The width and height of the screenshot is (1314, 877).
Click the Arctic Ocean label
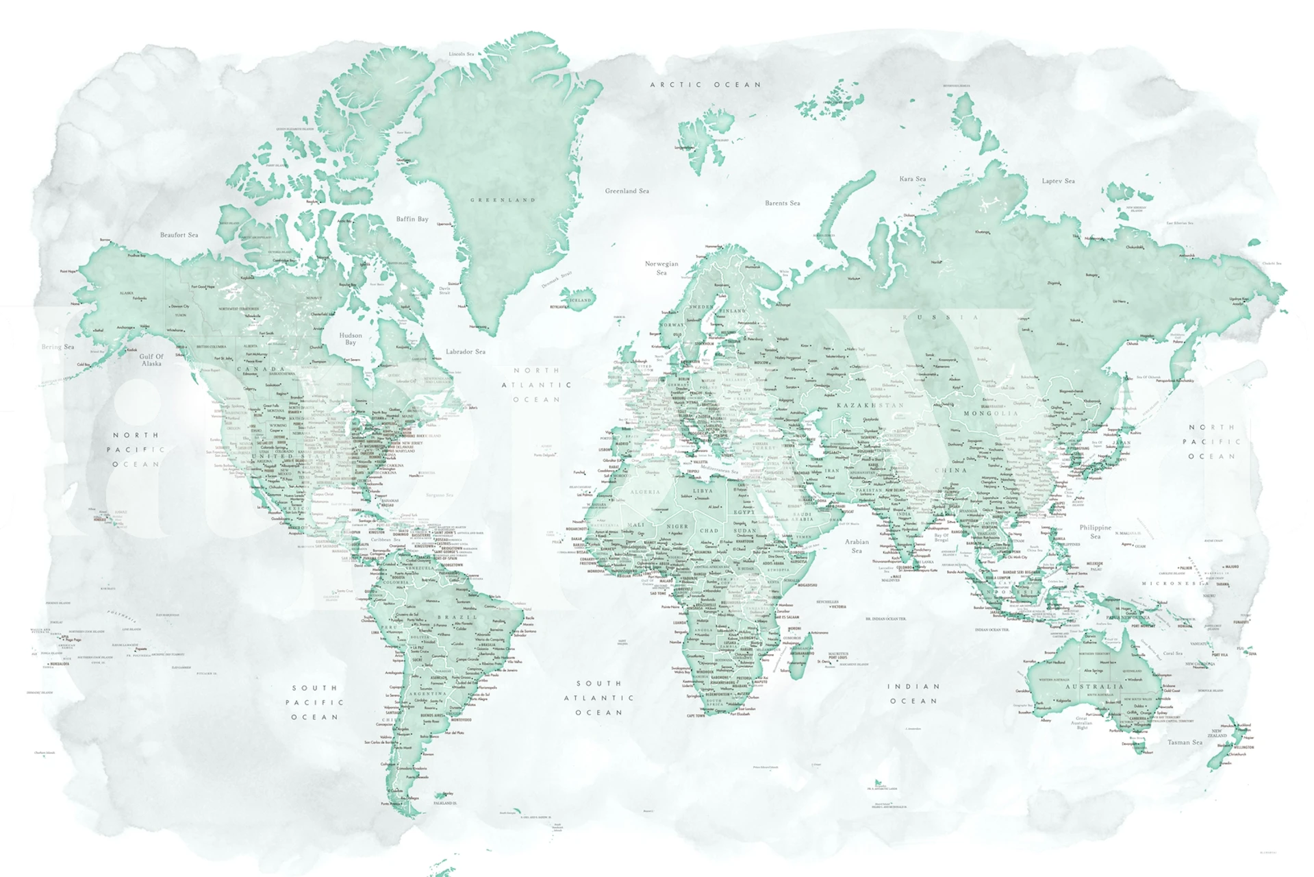tap(705, 85)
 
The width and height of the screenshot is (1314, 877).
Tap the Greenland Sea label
tap(627, 191)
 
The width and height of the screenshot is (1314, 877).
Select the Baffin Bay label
tap(412, 219)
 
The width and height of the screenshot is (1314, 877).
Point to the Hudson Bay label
tap(351, 338)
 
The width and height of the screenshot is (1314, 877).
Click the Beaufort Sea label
tap(179, 235)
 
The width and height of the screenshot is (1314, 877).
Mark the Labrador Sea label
tap(466, 351)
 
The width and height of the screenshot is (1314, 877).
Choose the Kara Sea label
tap(912, 179)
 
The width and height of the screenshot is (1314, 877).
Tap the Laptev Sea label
tap(1058, 181)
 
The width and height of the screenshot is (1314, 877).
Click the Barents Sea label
tap(782, 203)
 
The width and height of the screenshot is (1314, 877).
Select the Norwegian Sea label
tap(661, 268)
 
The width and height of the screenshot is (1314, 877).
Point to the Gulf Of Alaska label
tap(151, 360)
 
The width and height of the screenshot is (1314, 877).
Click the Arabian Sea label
tap(857, 545)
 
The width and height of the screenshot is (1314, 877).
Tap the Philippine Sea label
tap(1096, 531)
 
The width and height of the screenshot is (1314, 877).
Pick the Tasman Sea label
tap(1185, 742)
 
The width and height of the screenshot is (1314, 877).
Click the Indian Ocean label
tap(913, 693)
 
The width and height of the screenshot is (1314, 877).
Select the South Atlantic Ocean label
tap(599, 697)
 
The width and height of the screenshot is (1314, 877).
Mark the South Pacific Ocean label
tap(315, 702)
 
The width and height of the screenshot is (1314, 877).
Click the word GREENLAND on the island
tap(503, 200)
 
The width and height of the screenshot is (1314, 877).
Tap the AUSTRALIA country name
tap(1094, 686)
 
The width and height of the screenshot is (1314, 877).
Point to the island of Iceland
tap(577, 299)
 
